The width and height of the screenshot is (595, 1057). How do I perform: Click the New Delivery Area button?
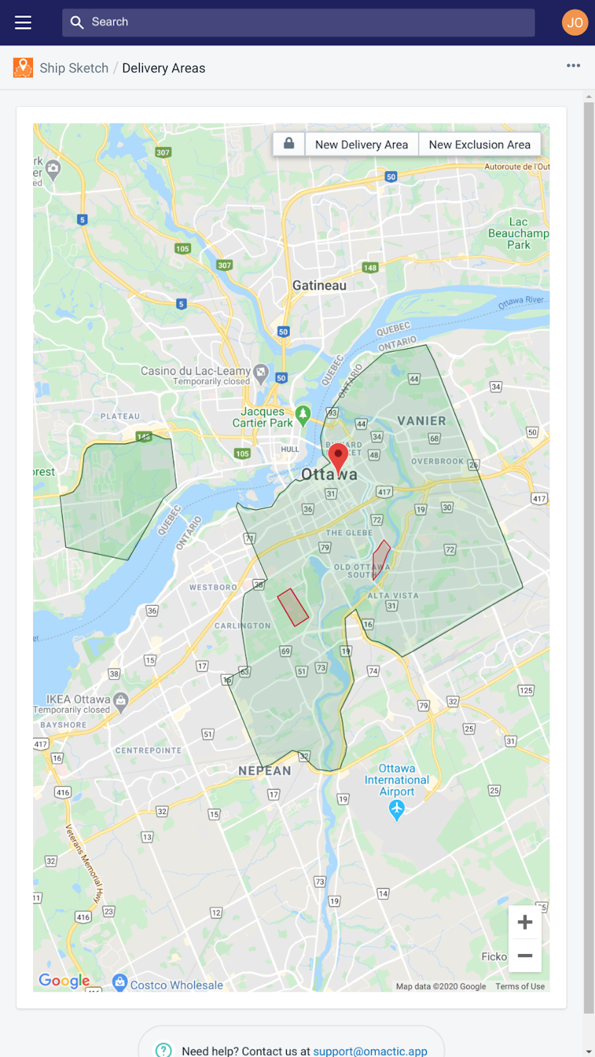click(x=361, y=145)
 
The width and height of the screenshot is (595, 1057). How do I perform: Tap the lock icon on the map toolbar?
click(x=289, y=143)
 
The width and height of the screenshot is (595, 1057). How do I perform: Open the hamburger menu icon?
click(x=23, y=22)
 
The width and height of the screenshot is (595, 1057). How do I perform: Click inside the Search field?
click(x=297, y=22)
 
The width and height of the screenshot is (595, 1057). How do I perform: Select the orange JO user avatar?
click(x=575, y=22)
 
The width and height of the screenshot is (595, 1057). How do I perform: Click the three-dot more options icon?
click(x=573, y=65)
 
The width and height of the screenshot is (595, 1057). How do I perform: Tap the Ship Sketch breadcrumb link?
click(x=73, y=68)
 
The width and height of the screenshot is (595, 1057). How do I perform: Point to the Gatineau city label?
click(x=319, y=285)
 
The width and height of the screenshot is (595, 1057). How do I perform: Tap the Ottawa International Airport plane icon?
click(x=397, y=809)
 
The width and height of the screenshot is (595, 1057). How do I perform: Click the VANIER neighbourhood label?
click(x=421, y=421)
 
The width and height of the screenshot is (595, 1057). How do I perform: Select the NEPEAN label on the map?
click(x=264, y=771)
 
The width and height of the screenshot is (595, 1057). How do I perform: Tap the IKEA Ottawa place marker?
click(x=120, y=701)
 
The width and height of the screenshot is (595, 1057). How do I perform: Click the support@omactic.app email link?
click(x=370, y=1050)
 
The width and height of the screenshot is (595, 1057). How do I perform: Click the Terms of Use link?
click(x=520, y=986)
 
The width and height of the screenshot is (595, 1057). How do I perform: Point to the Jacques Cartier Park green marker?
click(x=303, y=415)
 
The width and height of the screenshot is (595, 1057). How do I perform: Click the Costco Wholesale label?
click(x=177, y=985)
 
